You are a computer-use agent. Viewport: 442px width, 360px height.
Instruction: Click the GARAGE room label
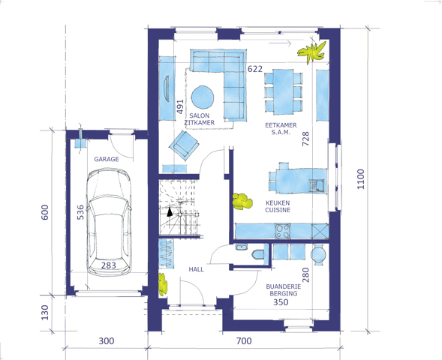(107, 159)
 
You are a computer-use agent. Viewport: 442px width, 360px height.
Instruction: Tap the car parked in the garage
(109, 222)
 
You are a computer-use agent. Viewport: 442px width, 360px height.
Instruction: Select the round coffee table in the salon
(202, 97)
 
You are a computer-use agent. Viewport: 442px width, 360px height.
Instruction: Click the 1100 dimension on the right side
(360, 179)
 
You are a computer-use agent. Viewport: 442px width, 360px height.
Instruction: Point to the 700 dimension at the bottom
(244, 341)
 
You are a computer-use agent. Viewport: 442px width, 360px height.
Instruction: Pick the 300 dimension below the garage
(107, 341)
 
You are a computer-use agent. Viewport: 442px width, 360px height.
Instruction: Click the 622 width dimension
(255, 69)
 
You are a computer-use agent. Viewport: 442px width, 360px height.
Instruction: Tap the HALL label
(196, 269)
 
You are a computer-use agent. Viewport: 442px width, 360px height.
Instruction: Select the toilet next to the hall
(258, 254)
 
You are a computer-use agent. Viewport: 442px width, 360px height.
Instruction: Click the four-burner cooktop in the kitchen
(282, 231)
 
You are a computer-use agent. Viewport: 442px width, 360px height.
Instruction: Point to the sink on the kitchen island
(317, 186)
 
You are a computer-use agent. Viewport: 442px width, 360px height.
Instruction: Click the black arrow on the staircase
(170, 212)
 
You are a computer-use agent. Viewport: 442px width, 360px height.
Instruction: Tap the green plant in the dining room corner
(312, 52)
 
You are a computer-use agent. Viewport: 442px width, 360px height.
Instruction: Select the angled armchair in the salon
(184, 145)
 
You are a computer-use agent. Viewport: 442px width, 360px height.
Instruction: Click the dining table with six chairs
(284, 91)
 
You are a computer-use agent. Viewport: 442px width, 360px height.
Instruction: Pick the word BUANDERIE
(284, 286)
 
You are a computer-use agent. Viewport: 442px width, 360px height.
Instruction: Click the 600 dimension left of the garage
(45, 212)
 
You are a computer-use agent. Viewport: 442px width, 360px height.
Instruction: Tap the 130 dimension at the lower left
(45, 313)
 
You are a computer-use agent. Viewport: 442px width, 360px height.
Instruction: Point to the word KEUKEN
(278, 202)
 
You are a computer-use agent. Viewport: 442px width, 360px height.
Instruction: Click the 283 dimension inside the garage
(109, 265)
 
